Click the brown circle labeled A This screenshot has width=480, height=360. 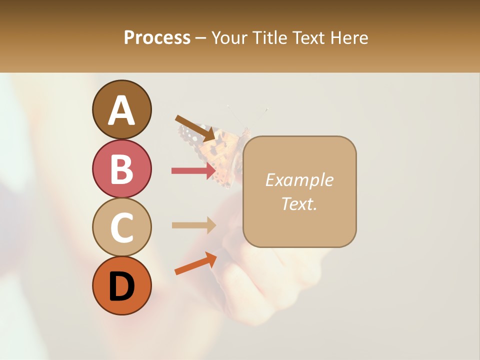coord(122,110)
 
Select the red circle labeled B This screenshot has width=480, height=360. coord(122,168)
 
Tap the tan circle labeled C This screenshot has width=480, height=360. coord(122,227)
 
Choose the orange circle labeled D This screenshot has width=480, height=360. coord(122,285)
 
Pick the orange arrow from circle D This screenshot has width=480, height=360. coord(195,263)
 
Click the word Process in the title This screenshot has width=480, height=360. coord(157,37)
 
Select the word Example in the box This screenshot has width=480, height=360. coord(299,180)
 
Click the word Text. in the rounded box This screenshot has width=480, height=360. coord(299,203)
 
